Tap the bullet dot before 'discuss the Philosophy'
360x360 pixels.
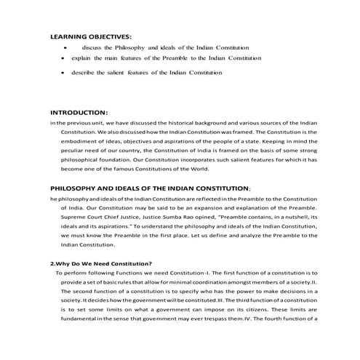click(x=66, y=47)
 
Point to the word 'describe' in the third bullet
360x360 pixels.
click(x=84, y=73)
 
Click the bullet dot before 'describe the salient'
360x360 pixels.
click(x=66, y=73)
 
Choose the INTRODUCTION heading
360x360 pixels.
click(x=78, y=113)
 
